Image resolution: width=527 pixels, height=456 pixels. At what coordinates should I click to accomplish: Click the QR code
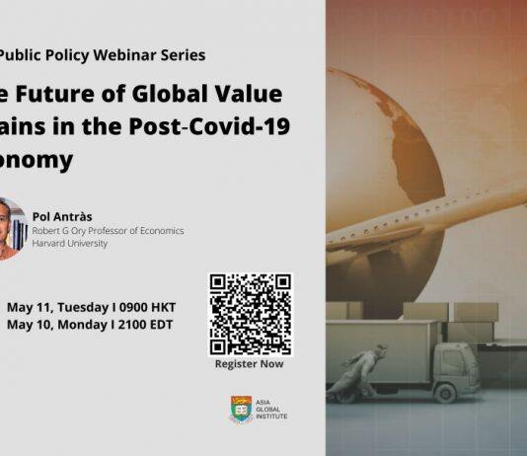tap(251, 314)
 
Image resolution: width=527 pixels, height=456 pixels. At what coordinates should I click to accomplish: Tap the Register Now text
tap(250, 364)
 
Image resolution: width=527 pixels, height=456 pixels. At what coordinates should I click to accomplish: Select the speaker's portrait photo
tap(8, 228)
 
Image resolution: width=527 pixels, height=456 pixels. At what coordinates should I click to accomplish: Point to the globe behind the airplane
tap(395, 138)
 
